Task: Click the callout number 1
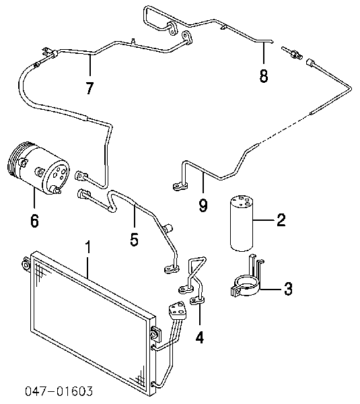[x=88, y=247]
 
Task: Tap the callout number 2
[x=281, y=220]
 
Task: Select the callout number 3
[x=288, y=289]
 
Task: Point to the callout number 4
[x=200, y=337]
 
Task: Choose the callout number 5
[x=134, y=239]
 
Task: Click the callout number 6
[x=35, y=221]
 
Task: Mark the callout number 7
[x=89, y=88]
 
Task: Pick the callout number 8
[x=263, y=76]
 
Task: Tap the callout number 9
[x=203, y=205]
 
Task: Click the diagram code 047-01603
[x=59, y=391]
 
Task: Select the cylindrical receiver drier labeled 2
[x=241, y=223]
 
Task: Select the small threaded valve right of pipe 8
[x=292, y=53]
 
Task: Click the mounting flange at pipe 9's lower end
[x=180, y=187]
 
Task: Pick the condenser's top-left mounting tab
[x=26, y=265]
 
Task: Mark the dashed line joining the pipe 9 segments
[x=284, y=129]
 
